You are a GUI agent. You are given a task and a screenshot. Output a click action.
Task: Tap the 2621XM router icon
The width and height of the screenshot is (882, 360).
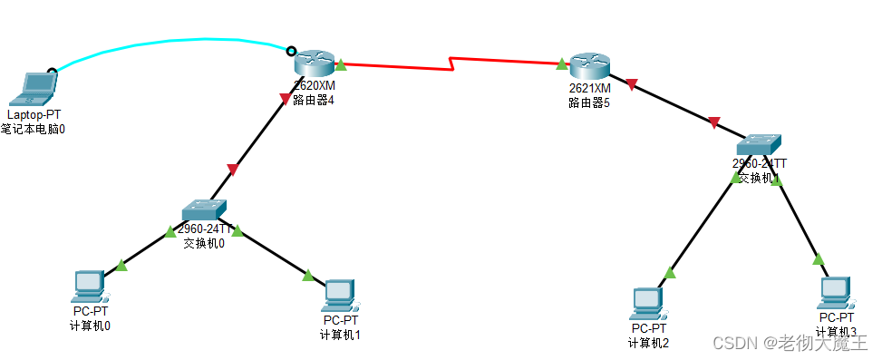pyautogui.click(x=589, y=64)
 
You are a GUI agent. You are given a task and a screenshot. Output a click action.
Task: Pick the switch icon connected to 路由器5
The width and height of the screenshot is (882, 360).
pyautogui.click(x=758, y=143)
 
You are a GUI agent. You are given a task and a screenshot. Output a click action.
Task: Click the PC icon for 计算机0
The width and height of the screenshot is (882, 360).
pyautogui.click(x=90, y=286)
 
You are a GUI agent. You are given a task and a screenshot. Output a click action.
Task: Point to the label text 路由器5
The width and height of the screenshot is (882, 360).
pyautogui.click(x=589, y=102)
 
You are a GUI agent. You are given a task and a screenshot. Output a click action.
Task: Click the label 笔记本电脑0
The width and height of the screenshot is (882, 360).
pyautogui.click(x=34, y=129)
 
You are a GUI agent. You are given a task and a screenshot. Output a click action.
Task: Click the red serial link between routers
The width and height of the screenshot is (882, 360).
pyautogui.click(x=399, y=63)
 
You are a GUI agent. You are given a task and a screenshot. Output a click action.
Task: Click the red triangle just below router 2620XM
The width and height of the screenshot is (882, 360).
pyautogui.click(x=286, y=97)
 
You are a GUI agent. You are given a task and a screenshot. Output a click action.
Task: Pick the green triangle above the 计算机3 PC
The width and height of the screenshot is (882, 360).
pyautogui.click(x=819, y=258)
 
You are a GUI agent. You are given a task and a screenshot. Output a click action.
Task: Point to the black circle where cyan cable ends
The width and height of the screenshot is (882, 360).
pyautogui.click(x=291, y=51)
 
